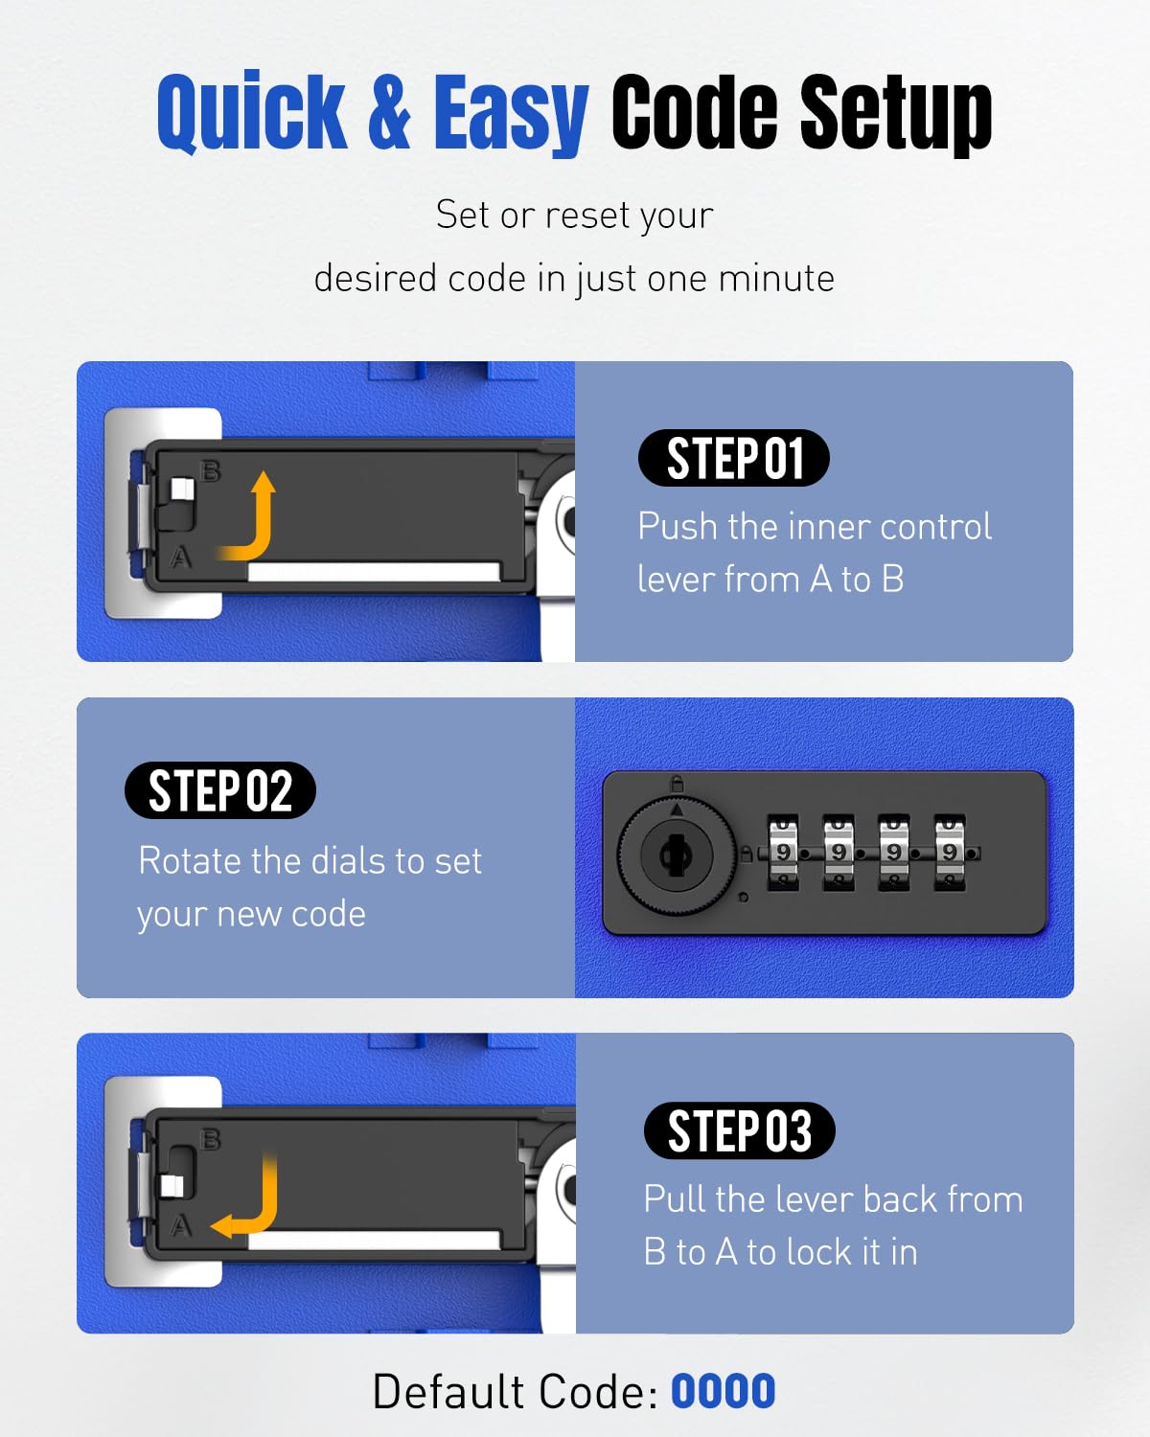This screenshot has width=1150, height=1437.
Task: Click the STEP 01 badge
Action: (x=734, y=458)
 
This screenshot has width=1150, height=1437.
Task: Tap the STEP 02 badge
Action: (x=219, y=790)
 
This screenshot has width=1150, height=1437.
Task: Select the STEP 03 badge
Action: (x=739, y=1130)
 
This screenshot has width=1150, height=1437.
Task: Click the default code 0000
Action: (x=723, y=1392)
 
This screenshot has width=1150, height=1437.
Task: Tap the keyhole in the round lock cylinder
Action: (x=677, y=854)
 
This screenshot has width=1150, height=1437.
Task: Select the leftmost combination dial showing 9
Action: (x=783, y=852)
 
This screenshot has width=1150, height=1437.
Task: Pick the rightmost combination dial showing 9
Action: (x=950, y=852)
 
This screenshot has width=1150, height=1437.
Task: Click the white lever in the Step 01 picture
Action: (x=182, y=489)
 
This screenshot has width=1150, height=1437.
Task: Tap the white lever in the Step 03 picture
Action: (x=172, y=1186)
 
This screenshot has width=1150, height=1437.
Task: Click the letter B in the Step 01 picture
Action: (x=211, y=470)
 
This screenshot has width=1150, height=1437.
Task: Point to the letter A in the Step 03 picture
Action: (x=180, y=1225)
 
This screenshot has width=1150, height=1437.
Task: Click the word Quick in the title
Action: (x=251, y=111)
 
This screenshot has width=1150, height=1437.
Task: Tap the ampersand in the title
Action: (x=389, y=112)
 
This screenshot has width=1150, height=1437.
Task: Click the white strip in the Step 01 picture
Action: (x=374, y=571)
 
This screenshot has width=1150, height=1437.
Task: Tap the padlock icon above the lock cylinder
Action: (x=677, y=784)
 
